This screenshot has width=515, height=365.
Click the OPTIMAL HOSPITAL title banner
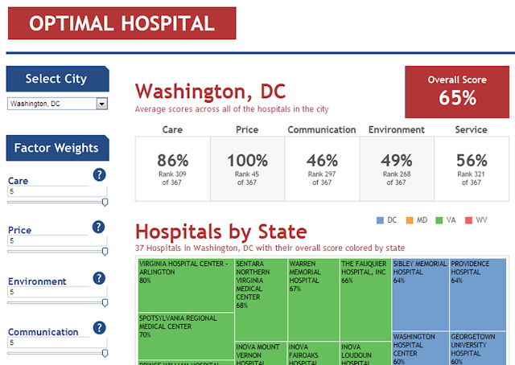[122, 23]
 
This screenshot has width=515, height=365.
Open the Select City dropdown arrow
[101, 104]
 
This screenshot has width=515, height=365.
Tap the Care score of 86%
[173, 160]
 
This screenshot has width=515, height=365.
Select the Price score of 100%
[247, 160]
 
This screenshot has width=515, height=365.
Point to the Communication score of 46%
[322, 160]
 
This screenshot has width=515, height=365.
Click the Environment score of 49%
[396, 160]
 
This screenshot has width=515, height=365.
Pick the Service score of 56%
[472, 160]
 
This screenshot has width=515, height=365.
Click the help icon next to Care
[99, 175]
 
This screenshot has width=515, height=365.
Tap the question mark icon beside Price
[99, 226]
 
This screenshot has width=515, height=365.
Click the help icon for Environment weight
[99, 278]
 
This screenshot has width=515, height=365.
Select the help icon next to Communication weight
[99, 328]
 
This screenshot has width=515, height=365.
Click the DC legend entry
[386, 219]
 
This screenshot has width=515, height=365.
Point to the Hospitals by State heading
[221, 232]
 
